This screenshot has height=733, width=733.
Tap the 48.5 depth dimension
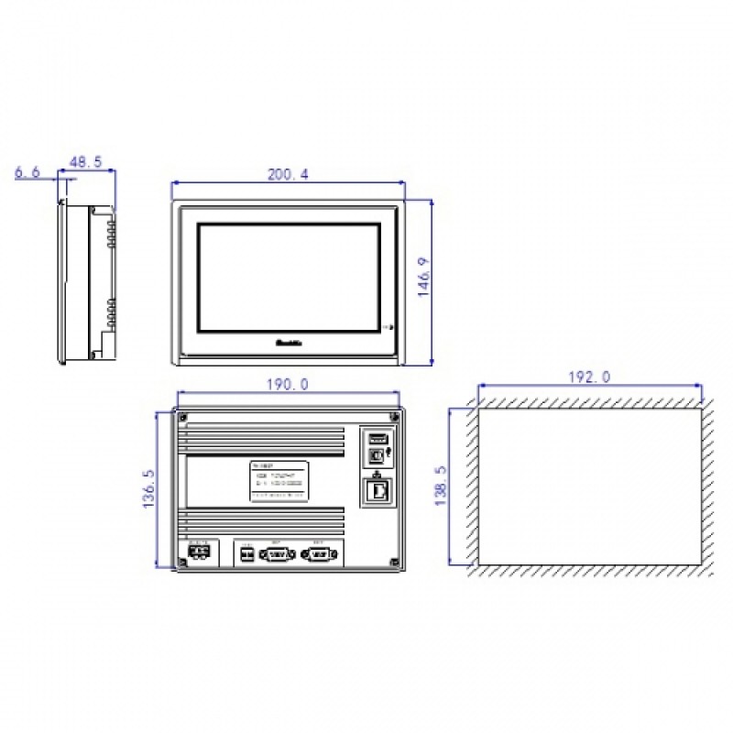(x=85, y=161)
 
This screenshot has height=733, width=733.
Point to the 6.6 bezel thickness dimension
(x=28, y=172)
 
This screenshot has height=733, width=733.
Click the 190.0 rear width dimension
(x=289, y=385)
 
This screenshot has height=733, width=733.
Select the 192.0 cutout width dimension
(x=588, y=377)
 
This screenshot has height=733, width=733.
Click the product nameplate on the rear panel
(x=279, y=482)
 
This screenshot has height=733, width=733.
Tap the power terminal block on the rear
(x=200, y=553)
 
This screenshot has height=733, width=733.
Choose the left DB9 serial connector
(x=279, y=554)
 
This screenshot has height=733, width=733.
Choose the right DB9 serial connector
(x=319, y=554)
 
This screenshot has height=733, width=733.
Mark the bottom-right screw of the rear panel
(x=393, y=562)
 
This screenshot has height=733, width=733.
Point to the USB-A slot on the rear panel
(x=377, y=437)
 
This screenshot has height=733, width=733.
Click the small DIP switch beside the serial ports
(x=246, y=554)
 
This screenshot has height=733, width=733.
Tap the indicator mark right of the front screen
(x=389, y=327)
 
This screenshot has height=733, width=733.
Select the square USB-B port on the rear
(x=375, y=455)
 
